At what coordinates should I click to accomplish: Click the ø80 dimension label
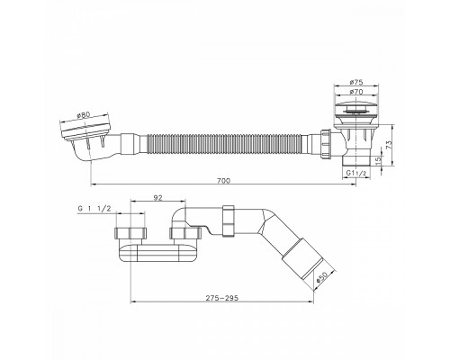point(84,115)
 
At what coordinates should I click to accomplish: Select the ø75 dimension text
point(356,82)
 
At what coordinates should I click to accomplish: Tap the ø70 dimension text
point(356,92)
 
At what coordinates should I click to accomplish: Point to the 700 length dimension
point(223,181)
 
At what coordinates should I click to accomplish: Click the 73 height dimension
point(389,145)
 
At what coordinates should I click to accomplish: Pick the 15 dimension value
point(378,159)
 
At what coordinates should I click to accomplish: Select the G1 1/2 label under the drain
point(356,173)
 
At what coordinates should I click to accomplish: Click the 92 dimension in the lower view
point(157,197)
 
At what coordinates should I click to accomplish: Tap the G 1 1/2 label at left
point(94,209)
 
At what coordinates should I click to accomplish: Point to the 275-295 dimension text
point(222,298)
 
